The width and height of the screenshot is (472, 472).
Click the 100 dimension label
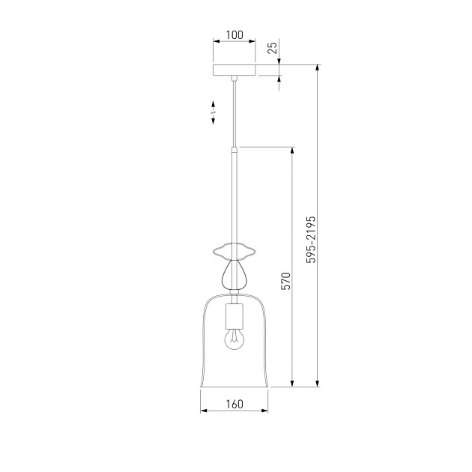pos(235,35)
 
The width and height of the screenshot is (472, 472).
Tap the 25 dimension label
pos(273,48)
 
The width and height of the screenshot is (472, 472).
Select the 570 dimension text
pos(285,281)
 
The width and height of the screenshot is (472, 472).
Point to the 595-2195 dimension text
pos(311,240)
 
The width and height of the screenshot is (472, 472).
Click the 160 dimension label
pos(235,404)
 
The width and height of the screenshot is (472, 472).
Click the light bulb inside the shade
pos(235,339)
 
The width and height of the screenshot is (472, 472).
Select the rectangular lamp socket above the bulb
pos(235,315)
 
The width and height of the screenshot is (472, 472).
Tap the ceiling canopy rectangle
pos(235,70)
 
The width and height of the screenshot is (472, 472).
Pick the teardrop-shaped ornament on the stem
pos(235,274)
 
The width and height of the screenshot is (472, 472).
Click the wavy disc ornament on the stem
pos(235,250)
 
